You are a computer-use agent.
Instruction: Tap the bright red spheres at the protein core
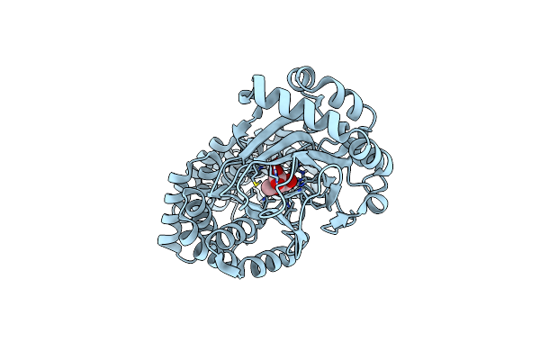286,176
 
